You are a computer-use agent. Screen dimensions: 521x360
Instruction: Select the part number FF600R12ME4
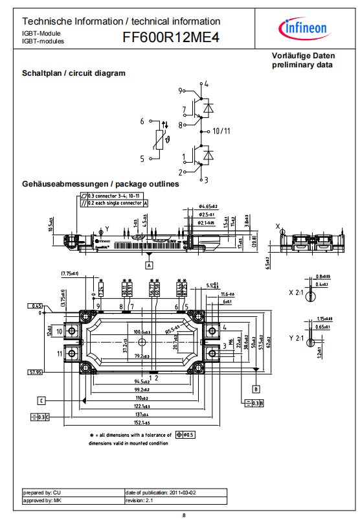point(171,39)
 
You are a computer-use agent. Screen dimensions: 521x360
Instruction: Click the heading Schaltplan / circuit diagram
point(74,73)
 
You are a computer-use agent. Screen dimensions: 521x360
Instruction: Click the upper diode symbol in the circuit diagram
point(208,108)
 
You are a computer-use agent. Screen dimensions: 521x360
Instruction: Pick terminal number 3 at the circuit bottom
point(206,179)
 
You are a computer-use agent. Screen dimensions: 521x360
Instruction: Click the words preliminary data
point(302,65)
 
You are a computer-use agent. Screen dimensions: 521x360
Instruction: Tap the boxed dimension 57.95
point(35,372)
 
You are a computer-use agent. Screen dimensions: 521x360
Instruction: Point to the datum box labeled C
point(40,400)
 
